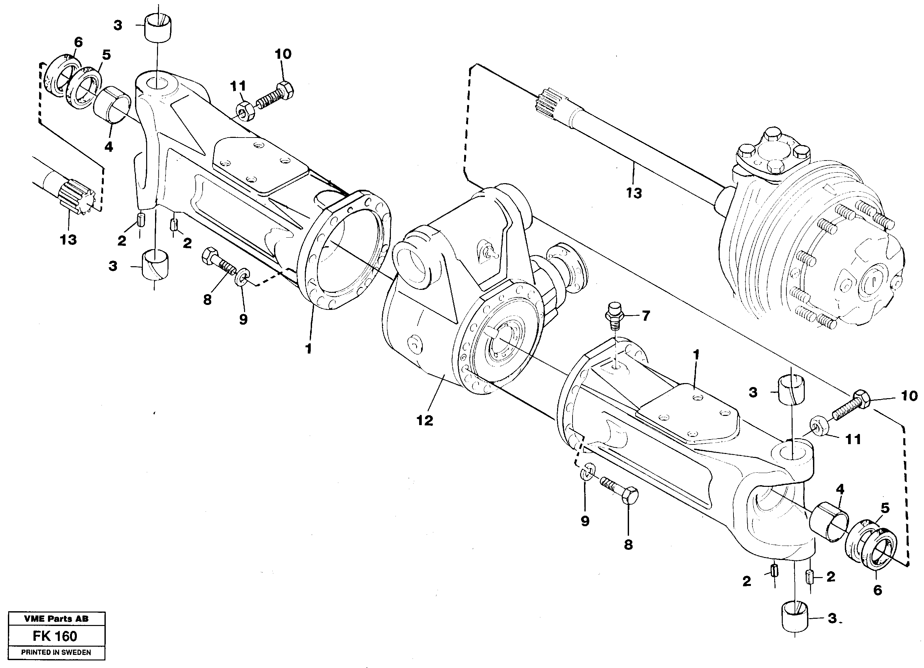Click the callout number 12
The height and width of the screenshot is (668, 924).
click(x=424, y=420)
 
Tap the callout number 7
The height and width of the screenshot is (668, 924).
click(x=646, y=315)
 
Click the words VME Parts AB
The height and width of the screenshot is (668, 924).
click(x=56, y=619)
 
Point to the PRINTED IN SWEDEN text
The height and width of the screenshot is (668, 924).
click(x=56, y=652)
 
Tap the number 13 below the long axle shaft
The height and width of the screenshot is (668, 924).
click(x=634, y=193)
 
